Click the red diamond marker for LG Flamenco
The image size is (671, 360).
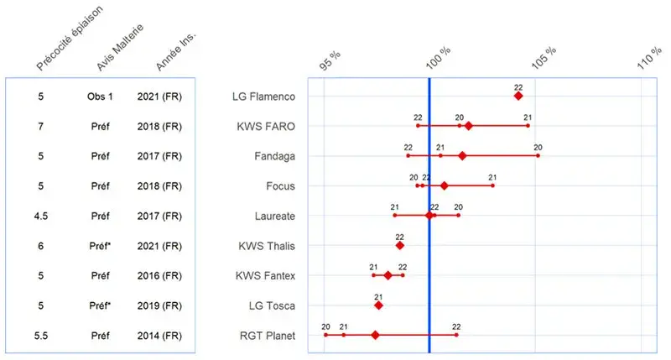(x=518, y=97)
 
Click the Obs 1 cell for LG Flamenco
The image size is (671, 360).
(x=99, y=97)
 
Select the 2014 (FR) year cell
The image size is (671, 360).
(x=159, y=336)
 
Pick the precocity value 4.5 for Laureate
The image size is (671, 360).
(x=40, y=216)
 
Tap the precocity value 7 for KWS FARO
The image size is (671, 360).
(x=40, y=126)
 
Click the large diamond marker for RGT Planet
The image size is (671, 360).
(x=375, y=336)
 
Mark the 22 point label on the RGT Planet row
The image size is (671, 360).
(x=456, y=326)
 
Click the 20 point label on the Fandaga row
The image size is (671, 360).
(x=538, y=147)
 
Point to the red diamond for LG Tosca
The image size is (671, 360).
(x=378, y=305)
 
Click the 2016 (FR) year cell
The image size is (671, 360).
(x=159, y=275)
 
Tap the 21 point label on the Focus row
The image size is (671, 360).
(x=492, y=177)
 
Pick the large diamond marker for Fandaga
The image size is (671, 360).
(x=462, y=156)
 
